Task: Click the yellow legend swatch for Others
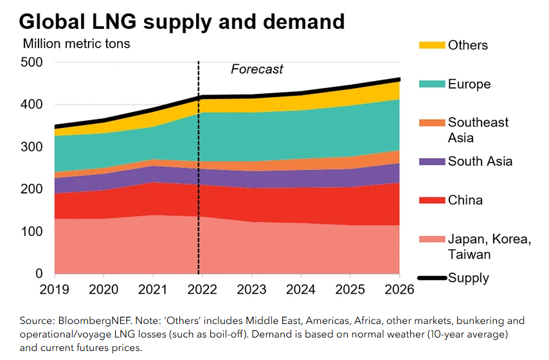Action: (x=432, y=45)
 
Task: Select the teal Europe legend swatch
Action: (x=432, y=84)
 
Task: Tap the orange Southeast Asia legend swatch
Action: (x=432, y=123)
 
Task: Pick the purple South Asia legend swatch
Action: (x=432, y=161)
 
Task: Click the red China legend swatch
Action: (x=432, y=201)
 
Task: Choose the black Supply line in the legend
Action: (x=432, y=278)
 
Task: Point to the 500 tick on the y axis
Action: (x=32, y=62)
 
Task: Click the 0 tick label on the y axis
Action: (x=39, y=273)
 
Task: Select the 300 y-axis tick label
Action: (x=32, y=147)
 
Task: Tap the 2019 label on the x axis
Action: (x=54, y=290)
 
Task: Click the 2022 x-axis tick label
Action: (x=202, y=290)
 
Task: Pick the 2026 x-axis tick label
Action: (x=399, y=290)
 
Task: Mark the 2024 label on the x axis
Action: (x=301, y=290)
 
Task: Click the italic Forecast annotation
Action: (x=256, y=69)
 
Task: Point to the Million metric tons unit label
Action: (x=76, y=44)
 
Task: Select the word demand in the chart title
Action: (x=304, y=22)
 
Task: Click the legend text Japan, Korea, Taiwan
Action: (x=489, y=247)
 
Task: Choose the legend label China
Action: (x=465, y=201)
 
